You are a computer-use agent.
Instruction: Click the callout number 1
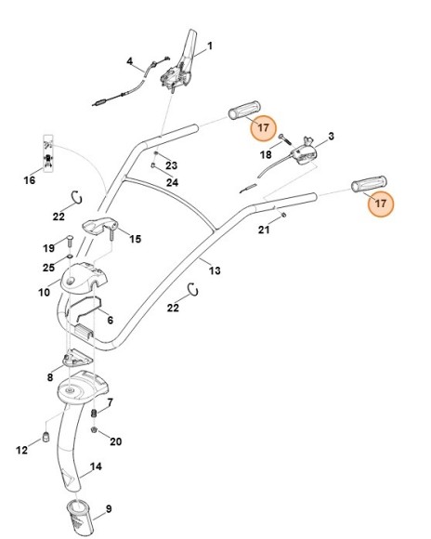(x=209, y=45)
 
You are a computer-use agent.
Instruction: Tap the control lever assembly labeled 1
(x=178, y=67)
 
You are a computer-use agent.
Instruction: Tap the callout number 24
(x=172, y=183)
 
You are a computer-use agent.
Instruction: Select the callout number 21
(x=264, y=229)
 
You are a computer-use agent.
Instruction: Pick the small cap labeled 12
(x=46, y=438)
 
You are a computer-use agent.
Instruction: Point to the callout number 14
(x=96, y=468)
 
